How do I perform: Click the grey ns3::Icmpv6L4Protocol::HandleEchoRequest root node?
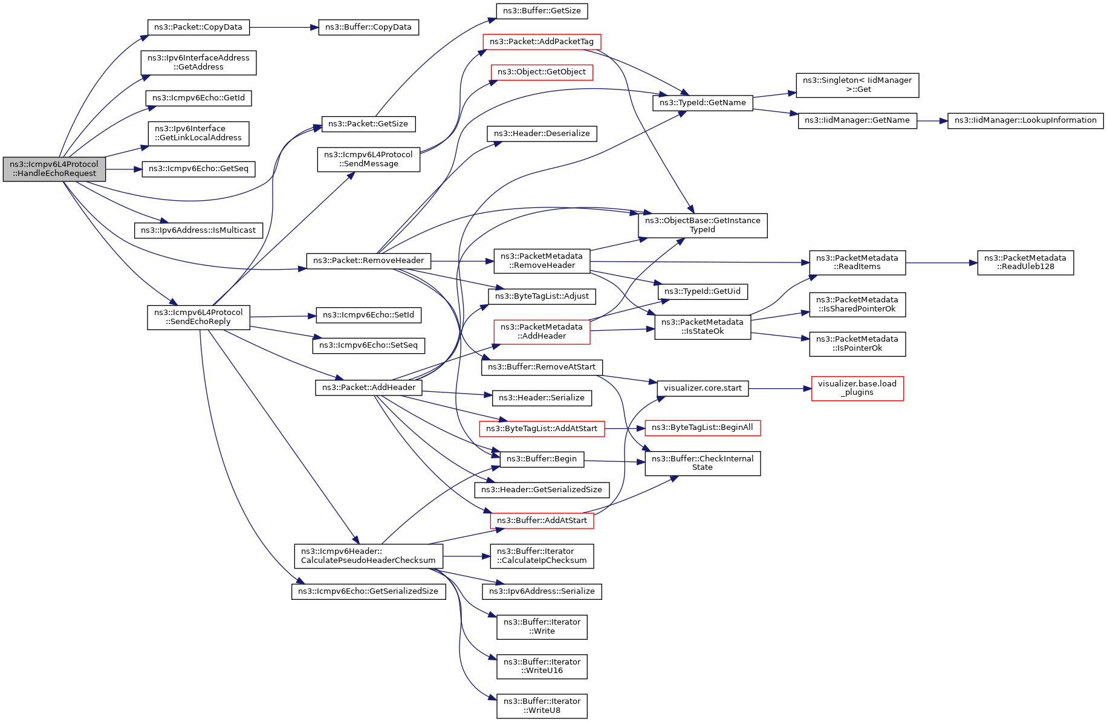click(54, 169)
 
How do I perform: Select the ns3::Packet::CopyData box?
click(198, 27)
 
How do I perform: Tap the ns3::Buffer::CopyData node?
click(368, 27)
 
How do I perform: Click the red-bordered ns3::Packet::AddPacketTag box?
click(542, 42)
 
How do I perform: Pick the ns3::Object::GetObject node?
click(542, 72)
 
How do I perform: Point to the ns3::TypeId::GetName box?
click(703, 103)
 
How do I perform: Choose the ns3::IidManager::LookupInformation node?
click(1025, 120)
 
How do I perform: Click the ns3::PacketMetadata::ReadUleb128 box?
click(1025, 262)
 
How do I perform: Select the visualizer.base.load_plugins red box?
click(857, 388)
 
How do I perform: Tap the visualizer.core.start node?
click(703, 388)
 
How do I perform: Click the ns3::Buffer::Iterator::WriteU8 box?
click(542, 706)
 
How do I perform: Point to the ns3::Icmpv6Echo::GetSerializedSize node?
click(368, 591)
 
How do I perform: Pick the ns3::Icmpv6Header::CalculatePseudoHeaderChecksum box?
click(368, 556)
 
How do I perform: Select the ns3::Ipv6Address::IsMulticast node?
click(198, 230)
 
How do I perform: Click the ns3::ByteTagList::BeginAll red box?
click(703, 428)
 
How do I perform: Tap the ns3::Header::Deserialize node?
click(542, 134)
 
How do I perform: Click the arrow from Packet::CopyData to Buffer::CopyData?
click(284, 27)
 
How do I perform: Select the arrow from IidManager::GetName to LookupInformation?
click(932, 121)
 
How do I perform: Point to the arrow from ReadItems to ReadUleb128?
click(941, 263)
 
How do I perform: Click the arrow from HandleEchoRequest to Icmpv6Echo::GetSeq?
click(124, 169)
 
